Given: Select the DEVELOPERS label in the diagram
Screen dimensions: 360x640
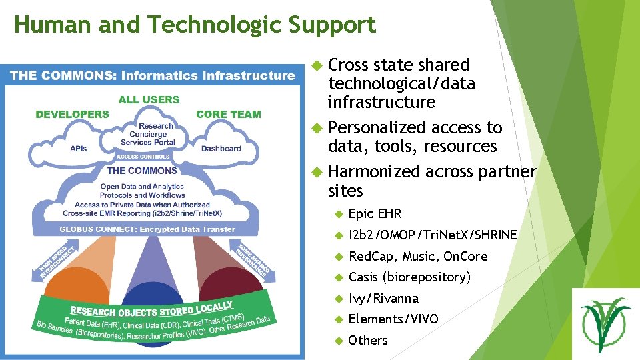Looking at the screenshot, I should pos(72,114).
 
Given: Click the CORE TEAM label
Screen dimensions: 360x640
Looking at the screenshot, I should pos(228,114).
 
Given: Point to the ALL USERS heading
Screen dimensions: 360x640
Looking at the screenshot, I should pos(149,99).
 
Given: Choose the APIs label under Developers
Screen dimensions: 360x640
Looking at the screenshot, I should pos(79,149).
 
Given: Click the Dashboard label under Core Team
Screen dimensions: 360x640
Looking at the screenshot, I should pos(221,149).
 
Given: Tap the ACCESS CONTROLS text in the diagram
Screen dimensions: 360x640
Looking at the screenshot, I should pos(143,157).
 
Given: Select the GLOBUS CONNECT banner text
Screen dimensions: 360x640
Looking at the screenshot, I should pos(147,229).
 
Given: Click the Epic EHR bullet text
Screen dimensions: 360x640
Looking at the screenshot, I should pos(375,214).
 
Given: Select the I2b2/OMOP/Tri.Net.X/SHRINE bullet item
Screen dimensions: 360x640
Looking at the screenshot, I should pos(433,235).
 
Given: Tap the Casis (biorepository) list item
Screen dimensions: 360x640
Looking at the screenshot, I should pos(409,277).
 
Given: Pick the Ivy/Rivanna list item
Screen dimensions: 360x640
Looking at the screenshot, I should pos(383,298).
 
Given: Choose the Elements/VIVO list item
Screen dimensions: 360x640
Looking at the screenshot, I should pos(393,319).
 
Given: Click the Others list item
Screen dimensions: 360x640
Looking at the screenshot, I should pos(368,340).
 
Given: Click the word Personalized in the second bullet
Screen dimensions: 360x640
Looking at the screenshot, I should pos(377,127).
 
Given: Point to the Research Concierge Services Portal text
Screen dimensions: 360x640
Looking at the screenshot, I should pos(148,134).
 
